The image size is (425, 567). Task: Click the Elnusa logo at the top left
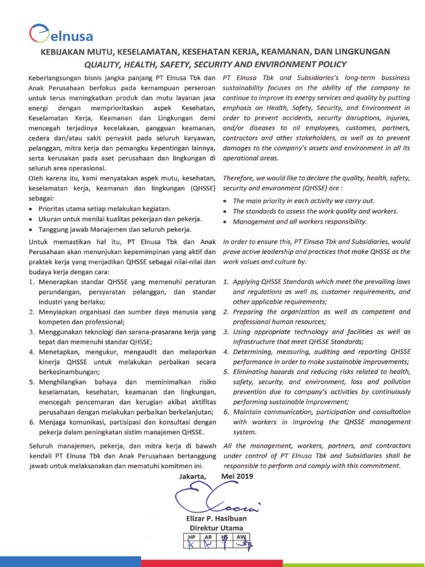coord(61,34)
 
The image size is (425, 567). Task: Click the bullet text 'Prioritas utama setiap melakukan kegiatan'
coord(105,209)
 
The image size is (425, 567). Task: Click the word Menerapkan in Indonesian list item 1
coord(59,282)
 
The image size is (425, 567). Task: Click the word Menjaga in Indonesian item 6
coord(53,421)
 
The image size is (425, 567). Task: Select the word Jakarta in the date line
coord(193,476)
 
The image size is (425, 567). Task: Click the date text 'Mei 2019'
coord(237,476)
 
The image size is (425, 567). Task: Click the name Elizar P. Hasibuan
coord(216,518)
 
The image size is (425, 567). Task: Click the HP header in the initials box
coord(192,537)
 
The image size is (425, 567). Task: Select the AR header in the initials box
coord(208,537)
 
